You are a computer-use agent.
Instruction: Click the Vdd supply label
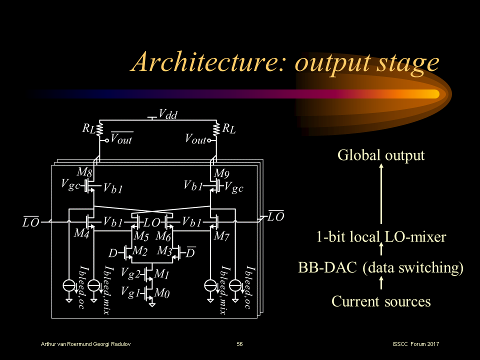167,114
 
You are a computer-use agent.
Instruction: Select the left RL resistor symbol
100,129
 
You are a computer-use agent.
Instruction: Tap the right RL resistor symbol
217,129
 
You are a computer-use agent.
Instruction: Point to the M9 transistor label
221,174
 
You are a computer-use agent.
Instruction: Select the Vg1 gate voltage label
130,291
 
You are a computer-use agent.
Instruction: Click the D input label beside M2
112,254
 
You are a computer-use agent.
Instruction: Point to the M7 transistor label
221,236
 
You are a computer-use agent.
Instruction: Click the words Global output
381,155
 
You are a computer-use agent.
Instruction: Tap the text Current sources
381,301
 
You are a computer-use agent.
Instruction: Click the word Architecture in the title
209,63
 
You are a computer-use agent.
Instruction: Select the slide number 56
240,344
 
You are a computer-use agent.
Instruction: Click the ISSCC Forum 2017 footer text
416,344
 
